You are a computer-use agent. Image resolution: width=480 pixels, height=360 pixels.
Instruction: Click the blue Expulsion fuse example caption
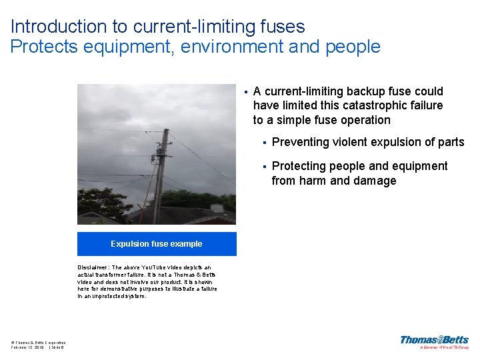click(157, 244)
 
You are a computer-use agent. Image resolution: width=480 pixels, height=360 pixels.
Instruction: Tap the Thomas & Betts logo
click(434, 342)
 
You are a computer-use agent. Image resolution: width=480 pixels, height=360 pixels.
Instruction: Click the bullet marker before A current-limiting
click(245, 91)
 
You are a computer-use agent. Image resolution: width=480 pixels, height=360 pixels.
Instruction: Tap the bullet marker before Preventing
click(265, 142)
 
